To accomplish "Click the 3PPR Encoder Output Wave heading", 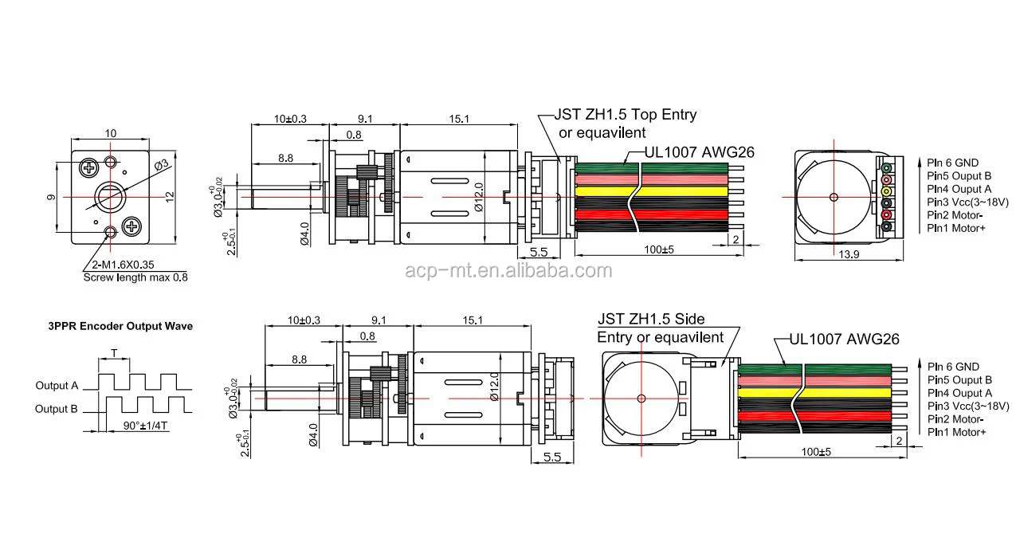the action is click(120, 326).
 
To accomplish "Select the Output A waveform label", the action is click(57, 386).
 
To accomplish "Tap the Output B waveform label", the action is click(57, 409).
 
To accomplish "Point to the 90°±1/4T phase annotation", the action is click(145, 426).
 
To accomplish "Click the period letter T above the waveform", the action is click(114, 353).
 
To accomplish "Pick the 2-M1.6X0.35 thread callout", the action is click(123, 265).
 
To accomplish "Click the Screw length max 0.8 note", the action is click(135, 277).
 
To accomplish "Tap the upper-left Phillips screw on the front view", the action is click(89, 168).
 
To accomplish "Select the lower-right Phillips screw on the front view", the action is click(132, 226).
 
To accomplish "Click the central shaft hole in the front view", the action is click(110, 198).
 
